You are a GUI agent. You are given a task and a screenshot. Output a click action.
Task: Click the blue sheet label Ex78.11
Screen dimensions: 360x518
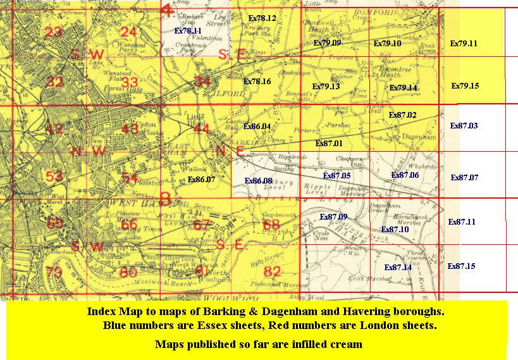[188, 30]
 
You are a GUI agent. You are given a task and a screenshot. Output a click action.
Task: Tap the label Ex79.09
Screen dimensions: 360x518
[327, 43]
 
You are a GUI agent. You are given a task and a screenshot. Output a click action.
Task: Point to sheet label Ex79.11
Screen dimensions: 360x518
[463, 43]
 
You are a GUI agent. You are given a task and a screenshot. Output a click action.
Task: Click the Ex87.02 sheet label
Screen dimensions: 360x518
[402, 115]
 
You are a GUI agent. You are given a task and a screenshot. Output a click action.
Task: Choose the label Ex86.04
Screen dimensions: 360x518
[257, 126]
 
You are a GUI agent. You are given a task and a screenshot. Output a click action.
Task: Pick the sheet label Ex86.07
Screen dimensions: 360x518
[202, 180]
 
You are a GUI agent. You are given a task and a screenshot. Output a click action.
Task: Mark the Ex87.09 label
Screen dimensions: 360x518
[333, 216]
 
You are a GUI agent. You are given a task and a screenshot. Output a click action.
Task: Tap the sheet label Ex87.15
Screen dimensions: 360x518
[461, 266]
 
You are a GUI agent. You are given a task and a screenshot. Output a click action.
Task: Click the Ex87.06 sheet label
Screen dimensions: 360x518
[405, 175]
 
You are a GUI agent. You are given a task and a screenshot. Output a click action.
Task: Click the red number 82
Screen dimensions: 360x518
[272, 272]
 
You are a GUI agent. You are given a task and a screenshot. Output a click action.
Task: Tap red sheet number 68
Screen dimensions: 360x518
[271, 225]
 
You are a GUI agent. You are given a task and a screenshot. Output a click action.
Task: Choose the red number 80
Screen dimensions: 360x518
[128, 273]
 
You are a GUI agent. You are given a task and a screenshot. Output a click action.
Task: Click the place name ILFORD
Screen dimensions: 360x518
[230, 93]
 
